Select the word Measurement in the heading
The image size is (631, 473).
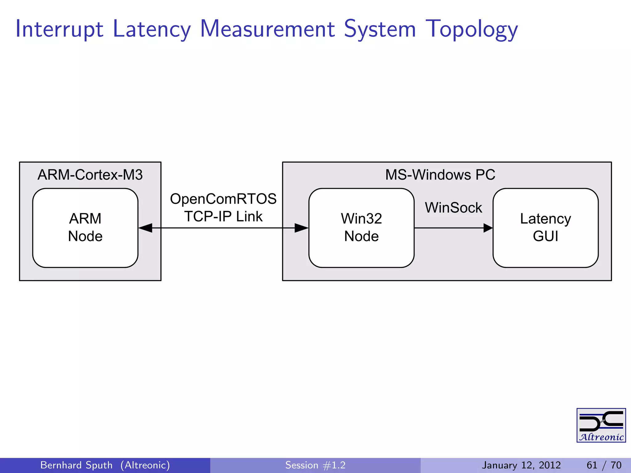click(x=267, y=29)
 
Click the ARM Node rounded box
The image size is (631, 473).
click(x=85, y=228)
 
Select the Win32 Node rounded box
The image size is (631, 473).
click(x=361, y=228)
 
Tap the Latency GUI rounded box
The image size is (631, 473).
click(x=545, y=228)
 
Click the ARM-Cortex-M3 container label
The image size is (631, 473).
click(x=90, y=175)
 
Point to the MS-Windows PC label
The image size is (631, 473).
click(x=440, y=175)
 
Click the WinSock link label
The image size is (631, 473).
click(x=453, y=208)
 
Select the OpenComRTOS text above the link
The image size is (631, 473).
click(x=223, y=199)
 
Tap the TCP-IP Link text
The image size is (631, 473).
click(x=223, y=216)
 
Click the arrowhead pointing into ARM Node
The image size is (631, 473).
click(x=145, y=228)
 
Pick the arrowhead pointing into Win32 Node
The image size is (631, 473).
click(x=301, y=228)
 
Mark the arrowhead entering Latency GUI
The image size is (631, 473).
click(x=488, y=228)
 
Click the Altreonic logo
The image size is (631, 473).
click(x=601, y=425)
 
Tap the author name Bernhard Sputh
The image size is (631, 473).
click(x=76, y=465)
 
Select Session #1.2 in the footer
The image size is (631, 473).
click(x=315, y=465)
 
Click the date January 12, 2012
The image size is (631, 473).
click(x=521, y=465)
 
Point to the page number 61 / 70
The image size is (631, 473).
click(x=604, y=465)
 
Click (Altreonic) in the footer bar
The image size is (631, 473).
click(x=145, y=465)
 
